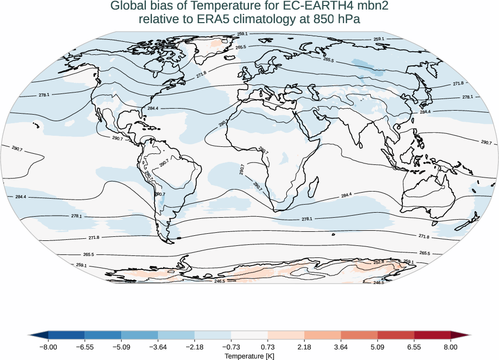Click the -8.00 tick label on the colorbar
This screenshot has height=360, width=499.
(48, 347)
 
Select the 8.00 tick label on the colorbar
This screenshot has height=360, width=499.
(451, 347)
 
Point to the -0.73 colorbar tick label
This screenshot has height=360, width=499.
(231, 347)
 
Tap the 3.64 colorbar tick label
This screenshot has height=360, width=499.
(341, 347)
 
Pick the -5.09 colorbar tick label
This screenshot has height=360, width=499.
(121, 347)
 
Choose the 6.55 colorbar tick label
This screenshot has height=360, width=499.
(414, 347)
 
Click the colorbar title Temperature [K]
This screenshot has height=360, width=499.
(249, 356)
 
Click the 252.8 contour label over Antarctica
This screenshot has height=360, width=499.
(379, 262)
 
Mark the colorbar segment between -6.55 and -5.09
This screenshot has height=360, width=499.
(103, 335)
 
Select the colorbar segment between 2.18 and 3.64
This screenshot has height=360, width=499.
(322, 335)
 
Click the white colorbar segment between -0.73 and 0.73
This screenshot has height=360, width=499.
(249, 335)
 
